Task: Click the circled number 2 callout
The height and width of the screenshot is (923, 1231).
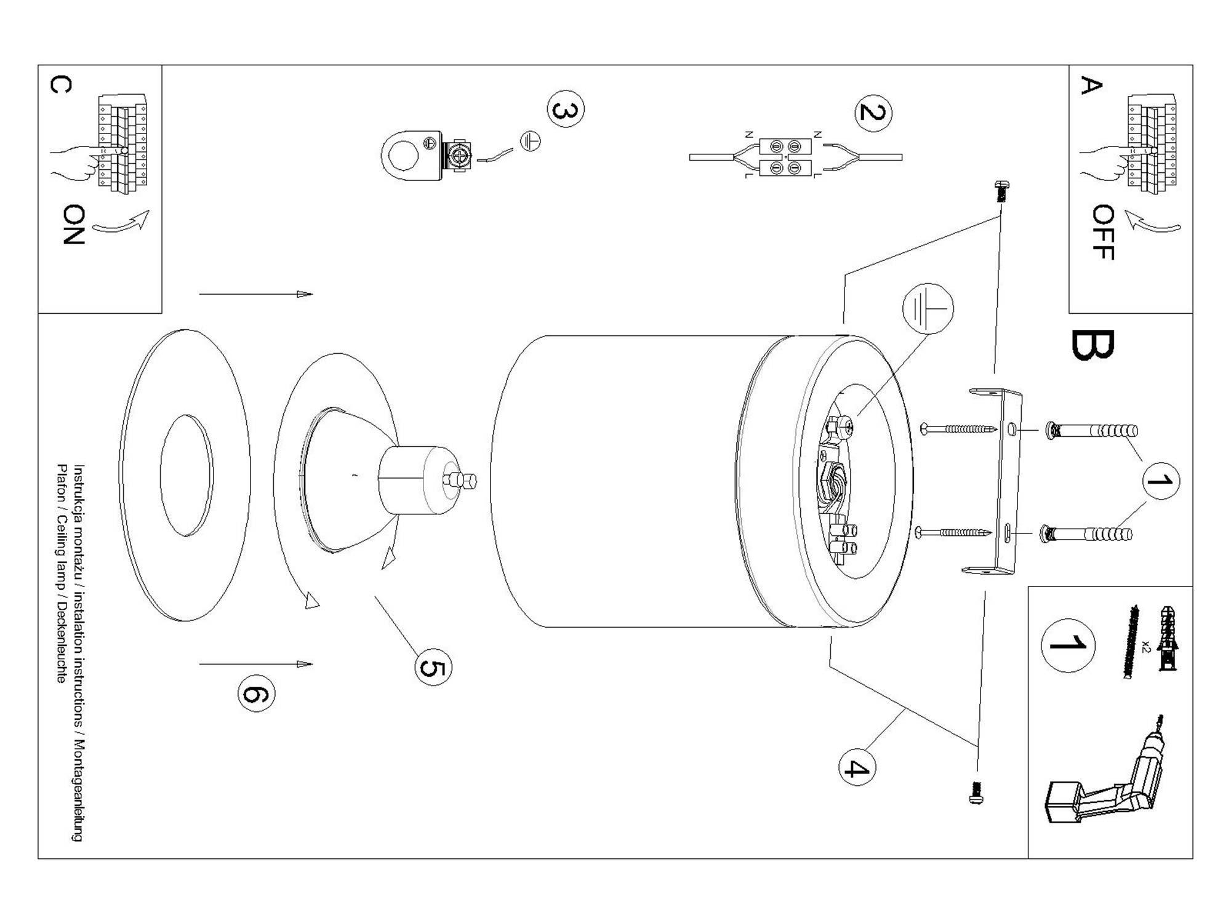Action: tap(873, 113)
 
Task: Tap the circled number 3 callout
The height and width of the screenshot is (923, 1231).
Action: tap(566, 110)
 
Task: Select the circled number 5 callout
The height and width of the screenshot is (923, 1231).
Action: tap(433, 668)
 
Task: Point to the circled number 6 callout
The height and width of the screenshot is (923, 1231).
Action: tap(256, 693)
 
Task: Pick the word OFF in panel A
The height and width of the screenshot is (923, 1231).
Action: tap(1103, 233)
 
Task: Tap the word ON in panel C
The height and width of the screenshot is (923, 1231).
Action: tap(74, 225)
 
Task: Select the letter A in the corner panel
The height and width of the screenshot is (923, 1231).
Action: tap(1091, 86)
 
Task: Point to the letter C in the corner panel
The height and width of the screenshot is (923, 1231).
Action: tap(60, 84)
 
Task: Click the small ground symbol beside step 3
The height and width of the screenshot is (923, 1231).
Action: tap(531, 142)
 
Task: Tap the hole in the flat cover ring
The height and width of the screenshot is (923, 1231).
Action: tap(186, 475)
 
